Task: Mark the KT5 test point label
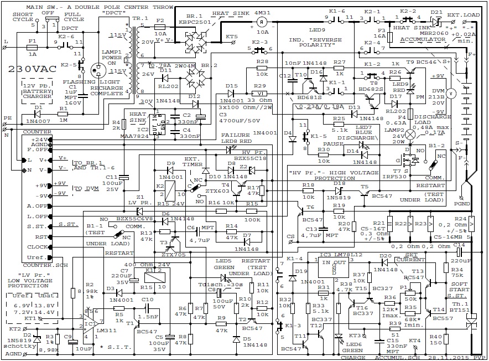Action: (x=232, y=37)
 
